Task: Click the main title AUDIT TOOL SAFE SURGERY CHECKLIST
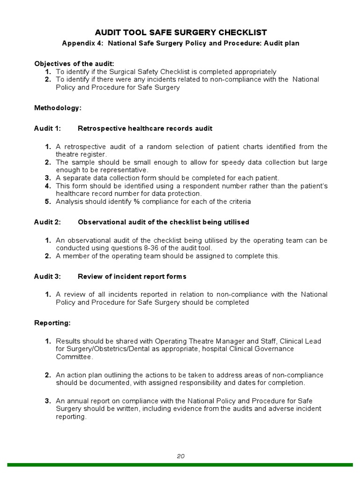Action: (181, 32)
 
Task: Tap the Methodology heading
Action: (58, 108)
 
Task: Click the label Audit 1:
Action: (47, 128)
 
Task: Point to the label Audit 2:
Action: (47, 222)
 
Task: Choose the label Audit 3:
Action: (47, 276)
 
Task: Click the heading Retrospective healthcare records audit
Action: (145, 128)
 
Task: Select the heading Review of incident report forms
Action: (132, 276)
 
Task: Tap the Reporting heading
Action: (52, 323)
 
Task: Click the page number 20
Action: (181, 456)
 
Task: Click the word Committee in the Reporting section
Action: (74, 357)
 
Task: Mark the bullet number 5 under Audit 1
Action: (48, 202)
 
